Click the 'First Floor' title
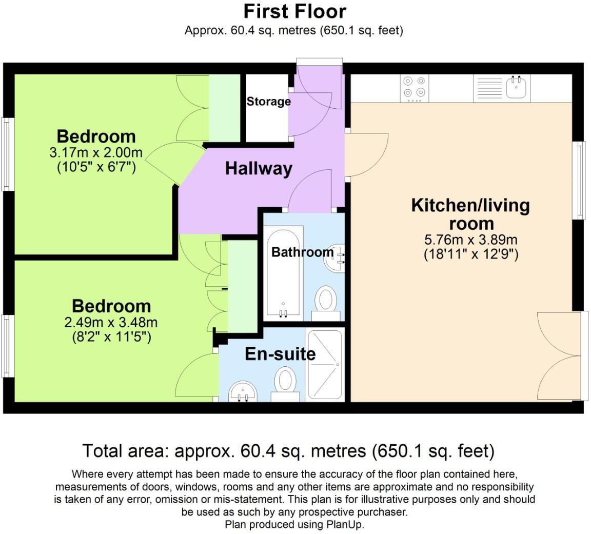[x=294, y=11]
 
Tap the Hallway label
[x=259, y=168]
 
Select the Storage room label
[x=268, y=102]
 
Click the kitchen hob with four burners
[x=415, y=87]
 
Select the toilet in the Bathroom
[x=325, y=299]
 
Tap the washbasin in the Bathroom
[x=336, y=256]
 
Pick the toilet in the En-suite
[x=285, y=385]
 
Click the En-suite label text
[x=280, y=354]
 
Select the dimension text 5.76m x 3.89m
[x=470, y=240]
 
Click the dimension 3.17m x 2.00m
[x=96, y=152]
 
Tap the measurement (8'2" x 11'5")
[x=111, y=337]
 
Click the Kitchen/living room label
[x=470, y=214]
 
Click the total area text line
[x=288, y=451]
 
